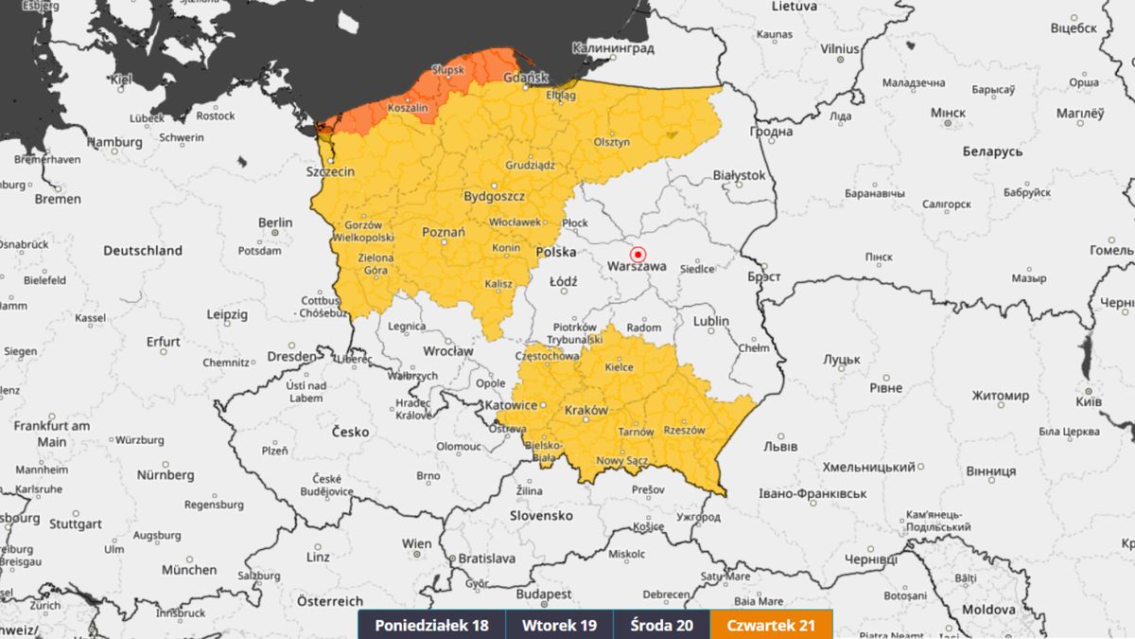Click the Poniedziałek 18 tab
coord(431,625)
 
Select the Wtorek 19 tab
coord(560,625)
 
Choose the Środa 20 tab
coord(662,625)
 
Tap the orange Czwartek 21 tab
coord(772,625)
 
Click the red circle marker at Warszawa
coord(637,254)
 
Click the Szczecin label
coord(330,172)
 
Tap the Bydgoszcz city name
coord(494,197)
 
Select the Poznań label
coord(443,233)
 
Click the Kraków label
coord(585,411)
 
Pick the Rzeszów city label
coord(685,430)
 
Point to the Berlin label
coord(275,223)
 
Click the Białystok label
coord(739,175)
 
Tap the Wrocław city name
coord(447,351)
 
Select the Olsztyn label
coord(611,142)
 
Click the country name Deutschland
coord(142,251)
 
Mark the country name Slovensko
coord(541,516)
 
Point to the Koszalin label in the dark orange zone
coord(409,109)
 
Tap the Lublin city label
coord(710,321)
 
